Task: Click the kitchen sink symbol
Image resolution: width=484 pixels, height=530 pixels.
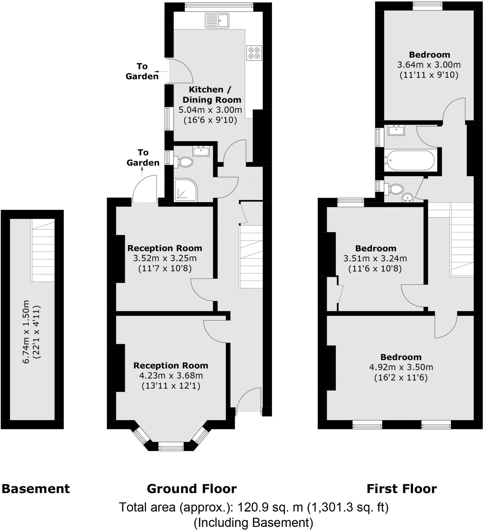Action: pos(217,21)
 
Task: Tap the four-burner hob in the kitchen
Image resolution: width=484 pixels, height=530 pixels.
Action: pos(254,53)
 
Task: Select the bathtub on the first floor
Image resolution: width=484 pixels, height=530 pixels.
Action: pos(410,160)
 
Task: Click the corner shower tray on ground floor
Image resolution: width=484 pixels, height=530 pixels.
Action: pos(185,190)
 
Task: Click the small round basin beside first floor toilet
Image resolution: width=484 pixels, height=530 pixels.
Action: pos(408,198)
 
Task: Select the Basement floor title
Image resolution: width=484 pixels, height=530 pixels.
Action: pos(36,489)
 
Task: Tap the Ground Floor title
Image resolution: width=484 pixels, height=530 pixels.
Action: pos(192,489)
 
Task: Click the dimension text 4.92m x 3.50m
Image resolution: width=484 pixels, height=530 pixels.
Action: pos(401,367)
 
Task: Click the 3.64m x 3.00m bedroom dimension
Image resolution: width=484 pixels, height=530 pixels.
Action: pos(429,65)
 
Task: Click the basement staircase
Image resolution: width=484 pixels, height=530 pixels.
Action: pos(43,250)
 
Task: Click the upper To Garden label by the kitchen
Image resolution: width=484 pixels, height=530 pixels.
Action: pos(142,71)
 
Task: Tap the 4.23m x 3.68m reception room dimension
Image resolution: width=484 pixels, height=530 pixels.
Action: pos(171,376)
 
